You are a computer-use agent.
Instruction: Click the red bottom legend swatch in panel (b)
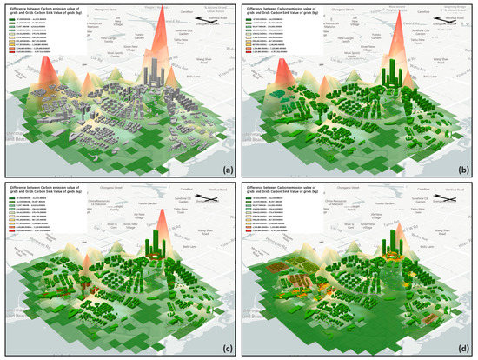click(249, 65)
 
